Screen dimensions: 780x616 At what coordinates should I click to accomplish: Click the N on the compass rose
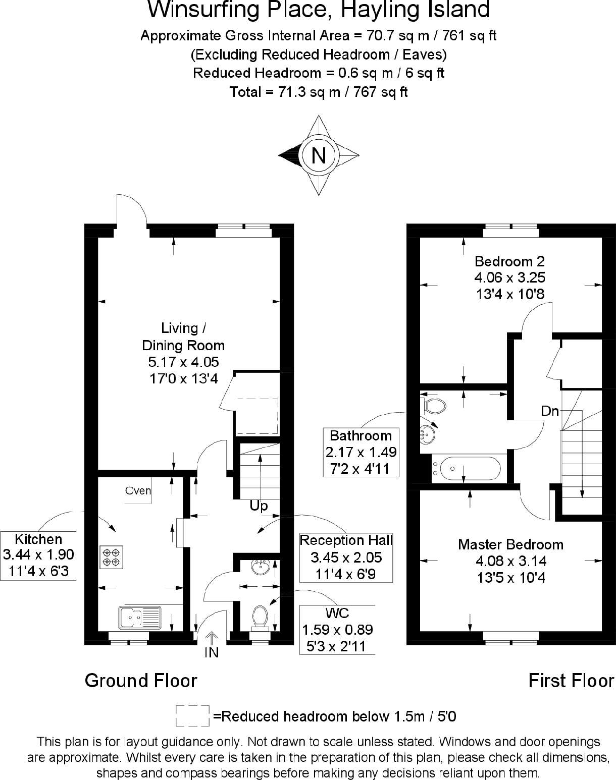click(x=319, y=155)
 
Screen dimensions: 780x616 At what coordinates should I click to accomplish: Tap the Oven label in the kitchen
click(x=138, y=490)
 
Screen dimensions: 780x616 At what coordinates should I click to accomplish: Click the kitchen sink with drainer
click(x=140, y=617)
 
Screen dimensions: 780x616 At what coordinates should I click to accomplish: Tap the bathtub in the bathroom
click(x=470, y=469)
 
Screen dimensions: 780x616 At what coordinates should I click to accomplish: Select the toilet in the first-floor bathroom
click(x=434, y=405)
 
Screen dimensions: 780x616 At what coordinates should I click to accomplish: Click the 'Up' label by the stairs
click(x=259, y=506)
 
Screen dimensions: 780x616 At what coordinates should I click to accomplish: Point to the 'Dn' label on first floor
click(x=550, y=411)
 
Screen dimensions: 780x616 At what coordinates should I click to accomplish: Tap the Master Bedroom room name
click(x=510, y=544)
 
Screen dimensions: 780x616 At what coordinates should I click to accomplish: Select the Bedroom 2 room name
click(x=509, y=261)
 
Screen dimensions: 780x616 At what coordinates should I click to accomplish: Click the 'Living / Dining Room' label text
click(x=183, y=337)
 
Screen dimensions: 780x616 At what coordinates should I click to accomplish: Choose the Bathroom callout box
click(x=361, y=452)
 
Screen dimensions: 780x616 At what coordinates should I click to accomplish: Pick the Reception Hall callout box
click(x=346, y=557)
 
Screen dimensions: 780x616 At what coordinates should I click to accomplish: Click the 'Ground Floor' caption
click(x=141, y=681)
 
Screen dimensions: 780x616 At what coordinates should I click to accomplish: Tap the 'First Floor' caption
click(x=571, y=681)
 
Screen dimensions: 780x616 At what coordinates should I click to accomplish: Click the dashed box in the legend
click(x=192, y=716)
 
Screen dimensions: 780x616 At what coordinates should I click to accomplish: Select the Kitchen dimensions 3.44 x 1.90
click(x=38, y=555)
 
